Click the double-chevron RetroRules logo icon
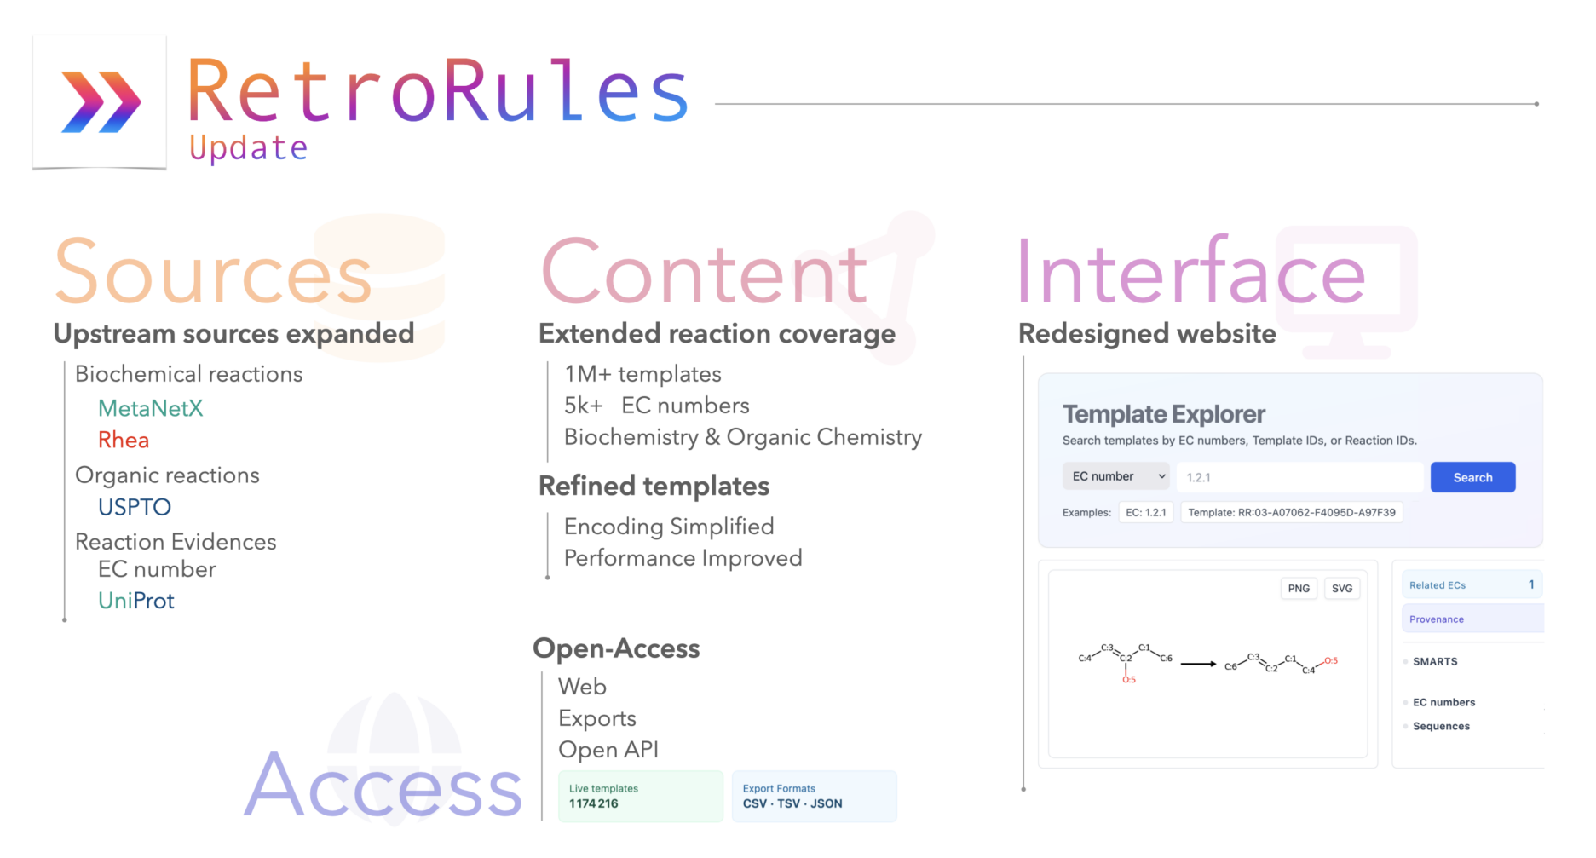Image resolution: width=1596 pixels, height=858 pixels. click(101, 102)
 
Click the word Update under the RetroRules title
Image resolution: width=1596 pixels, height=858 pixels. click(248, 148)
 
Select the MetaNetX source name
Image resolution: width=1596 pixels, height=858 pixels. click(151, 408)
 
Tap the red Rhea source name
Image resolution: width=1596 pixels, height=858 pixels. click(124, 440)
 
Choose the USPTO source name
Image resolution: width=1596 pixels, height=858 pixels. click(135, 507)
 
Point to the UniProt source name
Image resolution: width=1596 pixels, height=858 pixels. click(136, 601)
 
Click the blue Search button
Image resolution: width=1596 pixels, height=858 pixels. click(1472, 477)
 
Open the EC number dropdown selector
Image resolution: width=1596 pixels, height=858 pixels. click(1116, 476)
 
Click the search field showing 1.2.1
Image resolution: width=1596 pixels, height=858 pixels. click(1299, 477)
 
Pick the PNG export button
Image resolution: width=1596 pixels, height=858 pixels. click(1299, 588)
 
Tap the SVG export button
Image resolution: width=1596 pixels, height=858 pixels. click(1342, 588)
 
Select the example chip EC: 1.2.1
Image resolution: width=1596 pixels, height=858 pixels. click(1146, 512)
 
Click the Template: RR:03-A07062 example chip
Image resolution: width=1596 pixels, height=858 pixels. click(1292, 512)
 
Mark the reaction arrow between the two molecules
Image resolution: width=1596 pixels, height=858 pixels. click(1198, 664)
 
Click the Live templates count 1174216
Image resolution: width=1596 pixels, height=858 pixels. click(594, 803)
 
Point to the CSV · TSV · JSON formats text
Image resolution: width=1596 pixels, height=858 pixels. click(792, 803)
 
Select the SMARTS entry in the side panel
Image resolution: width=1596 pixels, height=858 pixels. click(1435, 661)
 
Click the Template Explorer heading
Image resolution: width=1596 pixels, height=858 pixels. click(1163, 414)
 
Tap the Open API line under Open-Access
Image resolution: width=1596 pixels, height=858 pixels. click(608, 750)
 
